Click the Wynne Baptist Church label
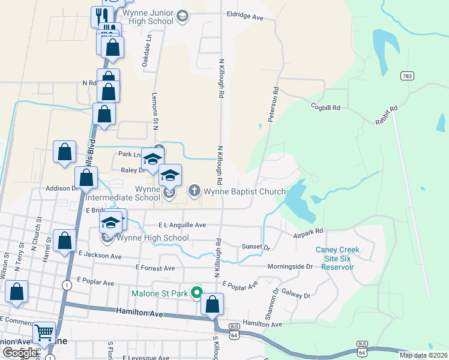245,192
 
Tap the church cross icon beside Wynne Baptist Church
194,191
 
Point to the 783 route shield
408,76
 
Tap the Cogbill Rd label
325,107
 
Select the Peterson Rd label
274,106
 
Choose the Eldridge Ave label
245,17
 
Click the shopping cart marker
44,332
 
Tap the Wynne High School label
152,238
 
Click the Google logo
20,353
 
